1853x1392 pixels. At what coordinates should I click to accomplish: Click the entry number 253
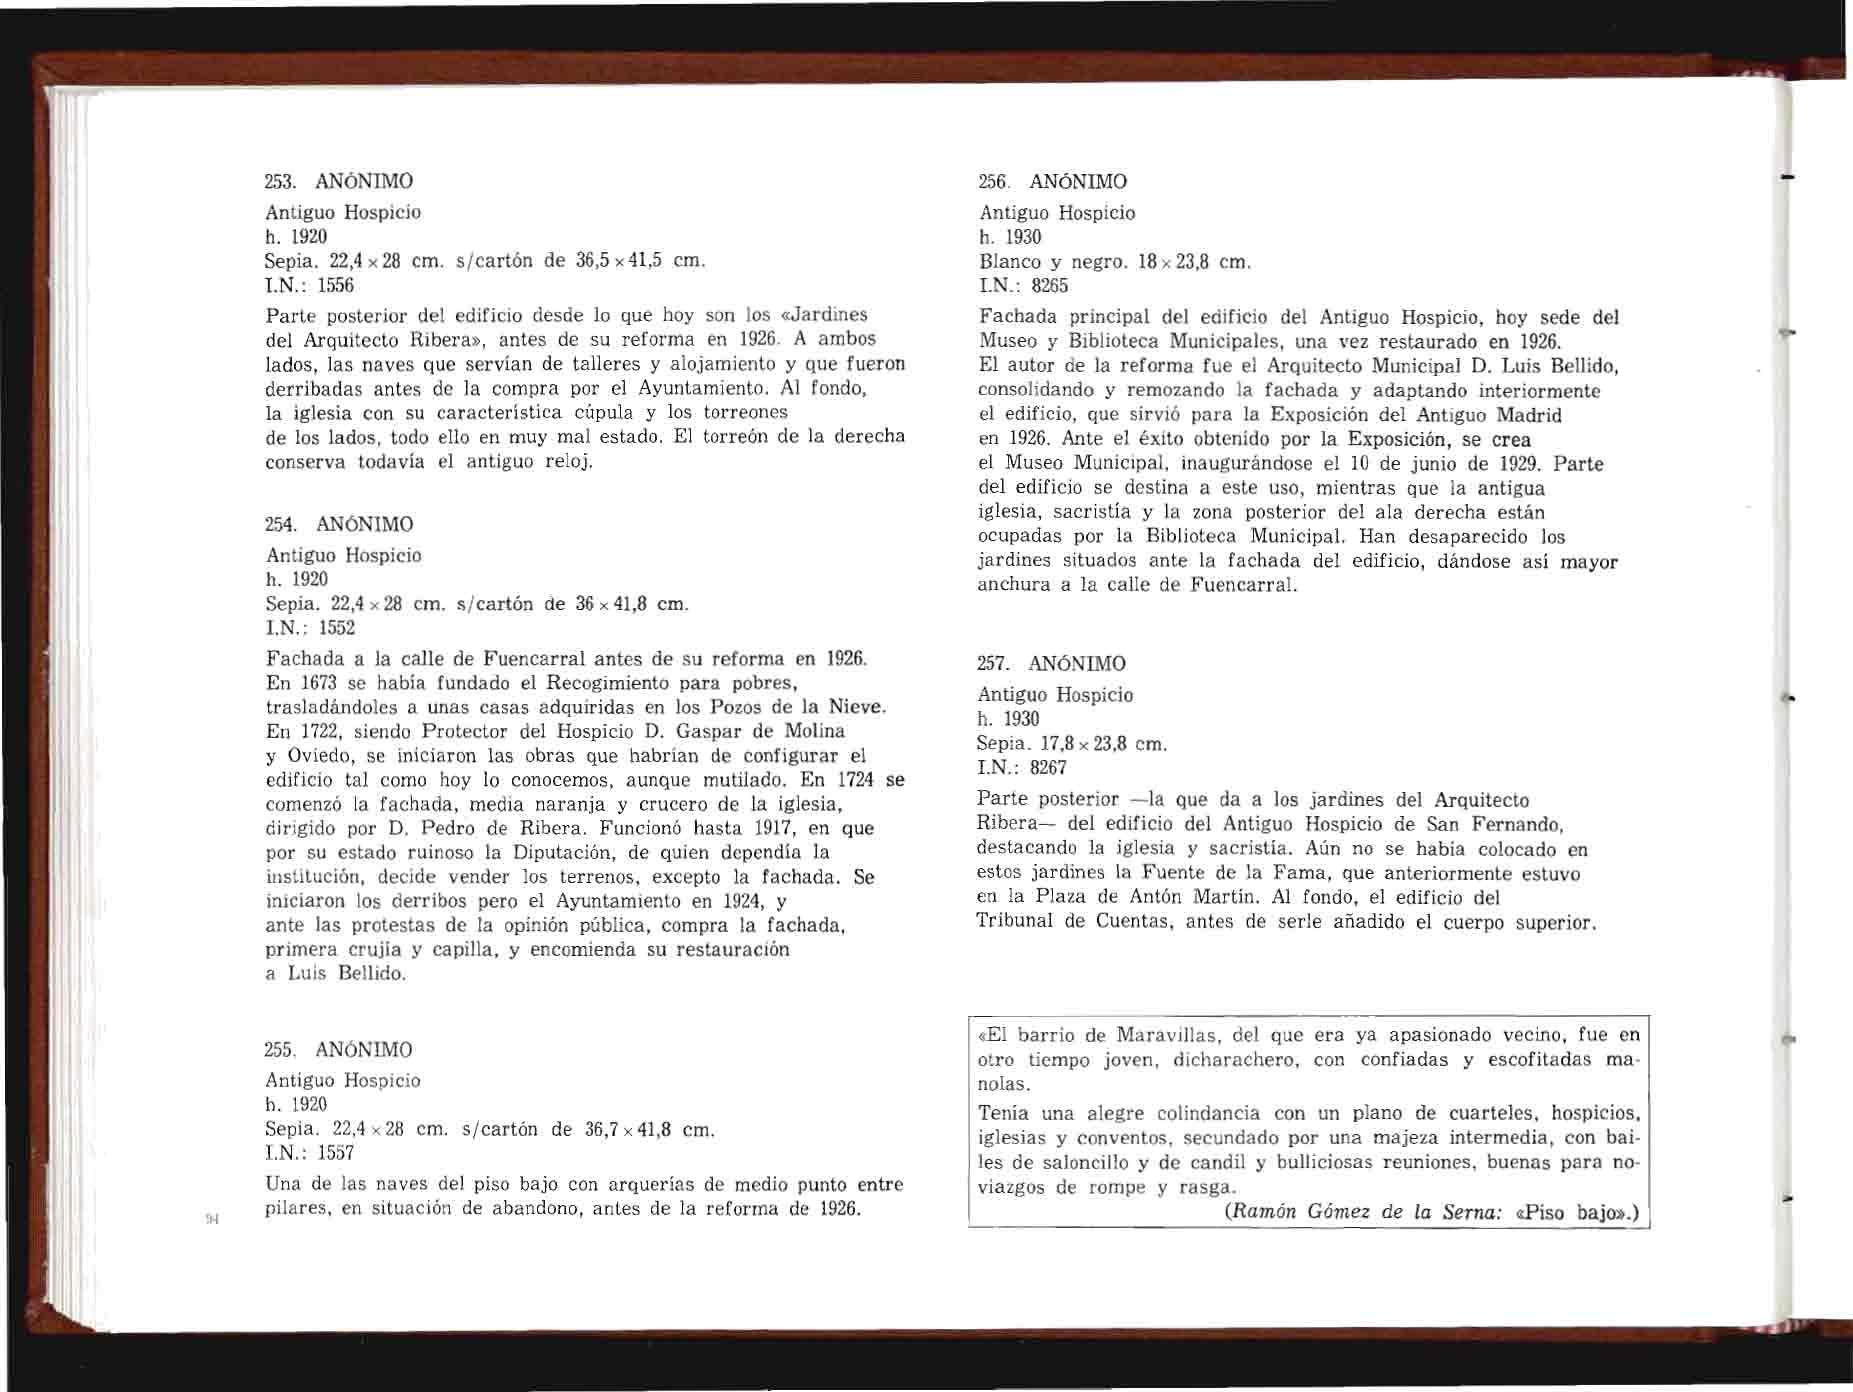[x=278, y=182]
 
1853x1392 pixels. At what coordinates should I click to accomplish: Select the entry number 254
[x=279, y=524]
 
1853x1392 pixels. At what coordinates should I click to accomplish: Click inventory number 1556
[x=336, y=286]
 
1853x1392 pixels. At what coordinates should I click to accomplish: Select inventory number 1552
[x=336, y=628]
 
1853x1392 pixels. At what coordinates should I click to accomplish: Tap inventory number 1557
[x=336, y=1153]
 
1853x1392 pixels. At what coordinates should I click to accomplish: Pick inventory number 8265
[x=1050, y=286]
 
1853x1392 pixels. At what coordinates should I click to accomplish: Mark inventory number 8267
[x=1049, y=768]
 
